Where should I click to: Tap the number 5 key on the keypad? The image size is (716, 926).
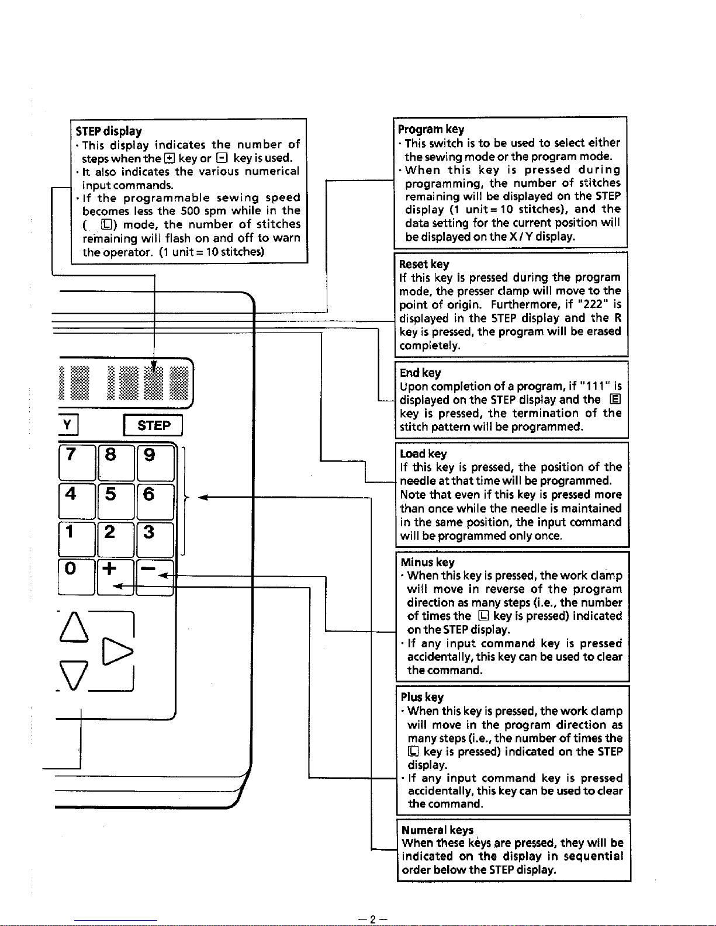coord(115,501)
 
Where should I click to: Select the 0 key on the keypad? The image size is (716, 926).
coord(76,576)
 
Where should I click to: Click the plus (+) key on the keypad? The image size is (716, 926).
coord(115,576)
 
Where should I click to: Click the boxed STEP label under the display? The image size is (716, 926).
coord(153,425)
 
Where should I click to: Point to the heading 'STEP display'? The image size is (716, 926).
coord(109,131)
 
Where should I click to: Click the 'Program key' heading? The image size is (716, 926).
coord(431,129)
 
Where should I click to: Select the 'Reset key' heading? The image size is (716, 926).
coord(424,264)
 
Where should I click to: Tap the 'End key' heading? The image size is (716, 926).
coord(420,373)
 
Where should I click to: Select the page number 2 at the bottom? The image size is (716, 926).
coord(372,918)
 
